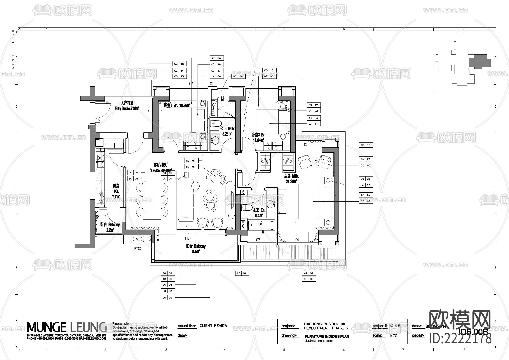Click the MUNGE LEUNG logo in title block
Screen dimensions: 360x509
coord(66,327)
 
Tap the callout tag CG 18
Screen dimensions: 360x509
coord(179,64)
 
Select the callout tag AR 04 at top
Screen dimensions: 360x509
coord(216,58)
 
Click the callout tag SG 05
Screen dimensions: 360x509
coord(366,159)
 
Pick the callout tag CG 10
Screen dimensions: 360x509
coord(366,145)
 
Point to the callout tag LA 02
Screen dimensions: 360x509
coord(366,185)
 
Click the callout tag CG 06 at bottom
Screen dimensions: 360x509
coord(309,279)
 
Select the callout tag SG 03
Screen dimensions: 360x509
coord(168,291)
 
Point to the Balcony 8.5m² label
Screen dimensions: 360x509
coord(196,248)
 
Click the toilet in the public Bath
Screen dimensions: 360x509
coord(216,124)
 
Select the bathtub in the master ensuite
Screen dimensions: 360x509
coord(261,225)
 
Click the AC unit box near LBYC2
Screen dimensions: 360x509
coord(137,240)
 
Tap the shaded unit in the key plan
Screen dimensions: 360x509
coord(479,61)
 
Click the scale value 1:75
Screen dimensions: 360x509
coord(393,336)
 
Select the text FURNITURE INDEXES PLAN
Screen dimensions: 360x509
coord(327,337)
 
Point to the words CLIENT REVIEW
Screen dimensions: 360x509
coord(213,326)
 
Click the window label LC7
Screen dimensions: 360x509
coord(190,84)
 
